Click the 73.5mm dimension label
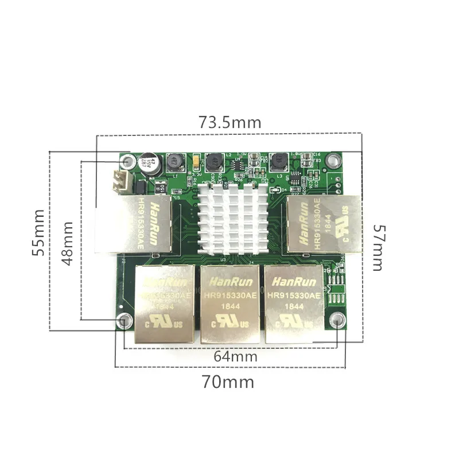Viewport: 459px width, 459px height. click(229, 122)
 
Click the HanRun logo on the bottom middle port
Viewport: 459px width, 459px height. click(228, 282)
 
